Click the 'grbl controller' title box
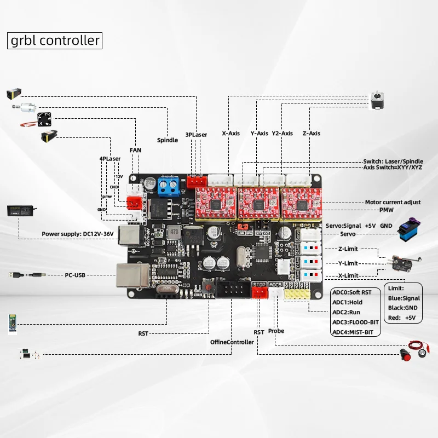55,41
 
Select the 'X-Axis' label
230,133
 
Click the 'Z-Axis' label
312,133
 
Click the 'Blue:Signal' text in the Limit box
404,298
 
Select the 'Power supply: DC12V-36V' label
78,234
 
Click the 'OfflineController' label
232,342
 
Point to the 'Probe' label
276,331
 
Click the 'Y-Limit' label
348,263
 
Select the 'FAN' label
135,149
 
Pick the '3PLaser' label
195,134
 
